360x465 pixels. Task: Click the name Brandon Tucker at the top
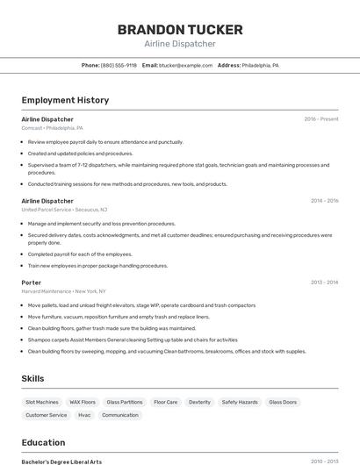coord(179,29)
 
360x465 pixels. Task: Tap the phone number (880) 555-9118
coord(119,65)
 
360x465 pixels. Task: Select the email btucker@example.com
coord(185,65)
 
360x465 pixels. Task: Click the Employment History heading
coord(65,100)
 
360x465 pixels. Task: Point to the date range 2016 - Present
coord(320,119)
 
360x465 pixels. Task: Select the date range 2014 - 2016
coord(324,201)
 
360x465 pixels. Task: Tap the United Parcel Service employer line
coord(64,210)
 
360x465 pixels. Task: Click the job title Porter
coord(32,283)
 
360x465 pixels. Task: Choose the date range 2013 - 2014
coord(324,283)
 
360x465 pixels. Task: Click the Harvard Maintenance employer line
coord(63,291)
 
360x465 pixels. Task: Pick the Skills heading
coord(33,378)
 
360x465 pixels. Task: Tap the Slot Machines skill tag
coord(42,402)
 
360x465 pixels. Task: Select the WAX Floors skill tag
coord(83,402)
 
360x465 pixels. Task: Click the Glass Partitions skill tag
coord(125,402)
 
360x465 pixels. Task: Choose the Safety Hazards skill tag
coord(240,402)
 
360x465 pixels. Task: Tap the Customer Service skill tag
coord(46,415)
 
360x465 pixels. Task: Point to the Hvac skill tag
coord(84,415)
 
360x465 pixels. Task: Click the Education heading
coord(43,443)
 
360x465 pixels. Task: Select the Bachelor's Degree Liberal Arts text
coord(61,461)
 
